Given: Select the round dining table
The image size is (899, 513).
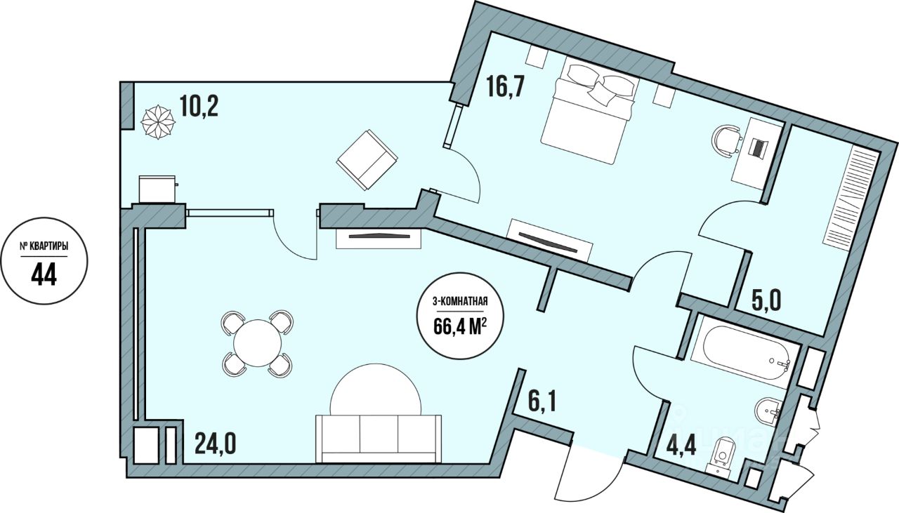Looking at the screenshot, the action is click(258, 342).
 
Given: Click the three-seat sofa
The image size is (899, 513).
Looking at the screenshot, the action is click(379, 438).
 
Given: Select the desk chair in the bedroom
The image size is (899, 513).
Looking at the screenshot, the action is click(728, 139).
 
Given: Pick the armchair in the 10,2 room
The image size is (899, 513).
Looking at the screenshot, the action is click(367, 159).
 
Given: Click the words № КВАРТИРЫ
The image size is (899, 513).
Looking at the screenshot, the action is click(44, 246).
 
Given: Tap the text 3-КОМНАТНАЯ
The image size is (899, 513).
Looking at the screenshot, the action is click(461, 303).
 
